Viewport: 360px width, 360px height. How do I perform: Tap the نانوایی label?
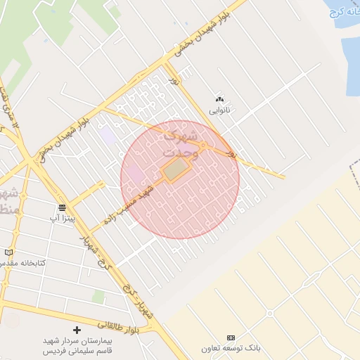pyautogui.click(x=219, y=110)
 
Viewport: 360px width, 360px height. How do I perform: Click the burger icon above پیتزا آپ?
pyautogui.click(x=63, y=207)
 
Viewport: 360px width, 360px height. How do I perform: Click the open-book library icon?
pyautogui.click(x=8, y=252)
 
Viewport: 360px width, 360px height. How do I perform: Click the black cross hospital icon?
pyautogui.click(x=77, y=330)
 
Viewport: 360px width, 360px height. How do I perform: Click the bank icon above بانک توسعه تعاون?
pyautogui.click(x=231, y=338)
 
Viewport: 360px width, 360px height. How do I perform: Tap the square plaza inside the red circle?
pyautogui.click(x=176, y=169)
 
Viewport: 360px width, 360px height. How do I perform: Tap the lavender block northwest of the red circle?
pyautogui.click(x=108, y=136)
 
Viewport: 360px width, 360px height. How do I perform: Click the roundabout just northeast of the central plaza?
pyautogui.click(x=203, y=146)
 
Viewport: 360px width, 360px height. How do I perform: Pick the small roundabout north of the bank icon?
pyautogui.click(x=269, y=314)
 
